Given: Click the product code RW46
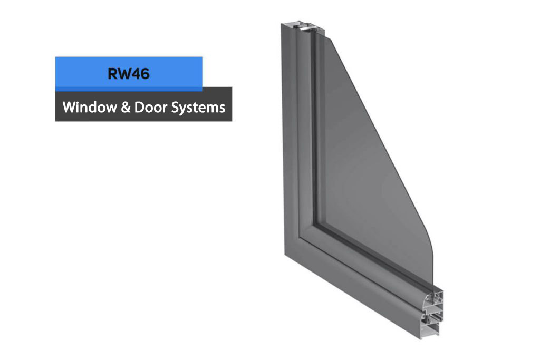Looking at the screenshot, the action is (129, 74).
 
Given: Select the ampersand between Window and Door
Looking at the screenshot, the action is (126, 108).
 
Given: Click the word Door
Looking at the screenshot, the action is (150, 108).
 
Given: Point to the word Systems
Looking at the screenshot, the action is (198, 108).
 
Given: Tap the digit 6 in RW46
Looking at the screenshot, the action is (145, 74).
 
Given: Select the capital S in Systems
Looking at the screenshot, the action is (175, 108).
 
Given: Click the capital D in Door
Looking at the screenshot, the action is (139, 108).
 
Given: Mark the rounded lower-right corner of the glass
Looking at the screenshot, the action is (428, 241).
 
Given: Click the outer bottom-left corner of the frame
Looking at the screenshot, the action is (285, 255).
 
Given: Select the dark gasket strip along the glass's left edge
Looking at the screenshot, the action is (314, 131).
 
